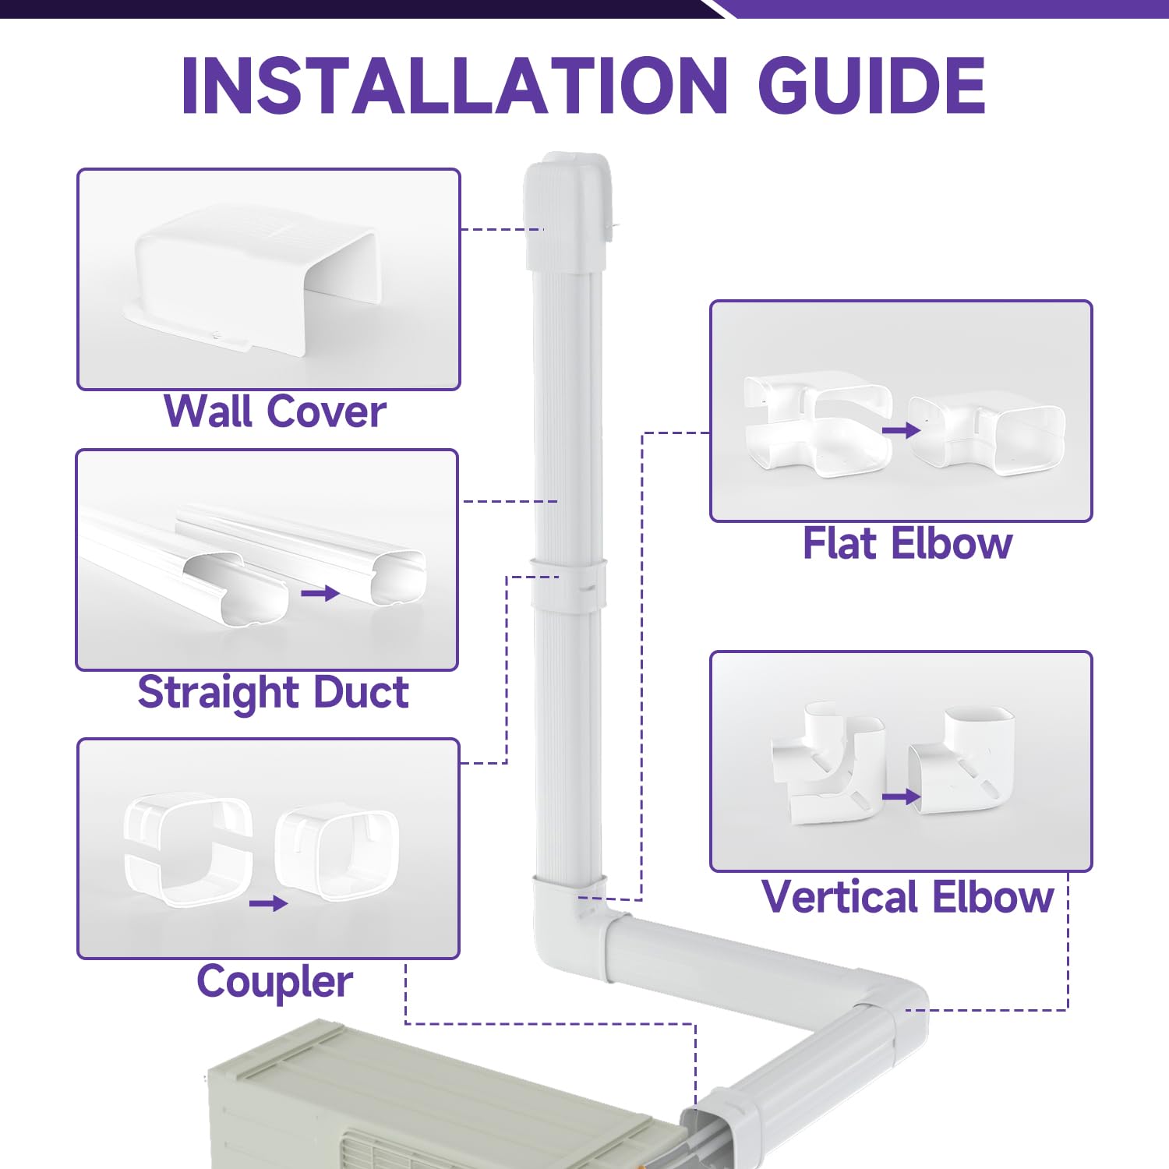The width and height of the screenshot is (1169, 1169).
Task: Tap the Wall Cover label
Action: (274, 411)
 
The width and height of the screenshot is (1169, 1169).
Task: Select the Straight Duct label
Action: (273, 692)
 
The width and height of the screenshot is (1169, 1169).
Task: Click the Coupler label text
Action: (274, 981)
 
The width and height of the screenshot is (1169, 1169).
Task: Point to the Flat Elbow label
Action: (907, 543)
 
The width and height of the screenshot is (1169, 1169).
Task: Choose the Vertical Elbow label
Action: (907, 896)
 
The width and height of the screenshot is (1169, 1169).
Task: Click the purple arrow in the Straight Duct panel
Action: (320, 594)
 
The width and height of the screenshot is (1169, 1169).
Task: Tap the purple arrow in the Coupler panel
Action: (268, 904)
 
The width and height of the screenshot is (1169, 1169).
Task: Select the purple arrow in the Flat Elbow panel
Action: (901, 430)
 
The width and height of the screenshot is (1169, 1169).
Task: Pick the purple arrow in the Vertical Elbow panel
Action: (901, 796)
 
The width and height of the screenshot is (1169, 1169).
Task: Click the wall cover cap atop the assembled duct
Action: (567, 210)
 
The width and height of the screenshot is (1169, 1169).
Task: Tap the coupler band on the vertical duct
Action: (569, 584)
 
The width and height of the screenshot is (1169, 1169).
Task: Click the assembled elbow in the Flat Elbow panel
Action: (986, 433)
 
